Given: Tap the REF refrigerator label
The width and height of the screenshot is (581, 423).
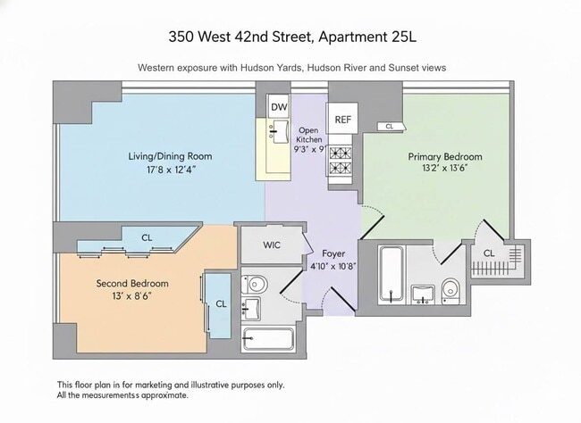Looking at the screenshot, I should coord(343,119).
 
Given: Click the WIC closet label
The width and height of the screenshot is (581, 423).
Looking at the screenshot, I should coord(273,245).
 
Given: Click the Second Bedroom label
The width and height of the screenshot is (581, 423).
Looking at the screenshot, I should coord(132,284).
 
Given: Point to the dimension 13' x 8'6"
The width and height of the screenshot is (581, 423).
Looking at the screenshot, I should coord(132,297).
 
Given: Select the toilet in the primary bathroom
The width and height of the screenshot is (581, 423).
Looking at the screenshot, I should coord(450,288).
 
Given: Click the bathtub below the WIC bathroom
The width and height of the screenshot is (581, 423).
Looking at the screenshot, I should coord(268,339).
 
